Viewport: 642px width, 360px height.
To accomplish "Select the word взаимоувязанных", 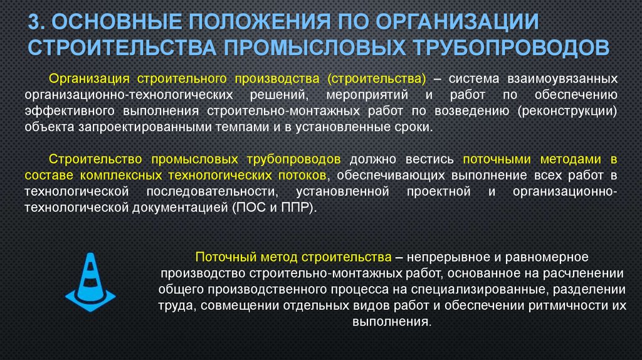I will [558, 80].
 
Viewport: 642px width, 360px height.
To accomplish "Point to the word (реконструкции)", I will [567, 111].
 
